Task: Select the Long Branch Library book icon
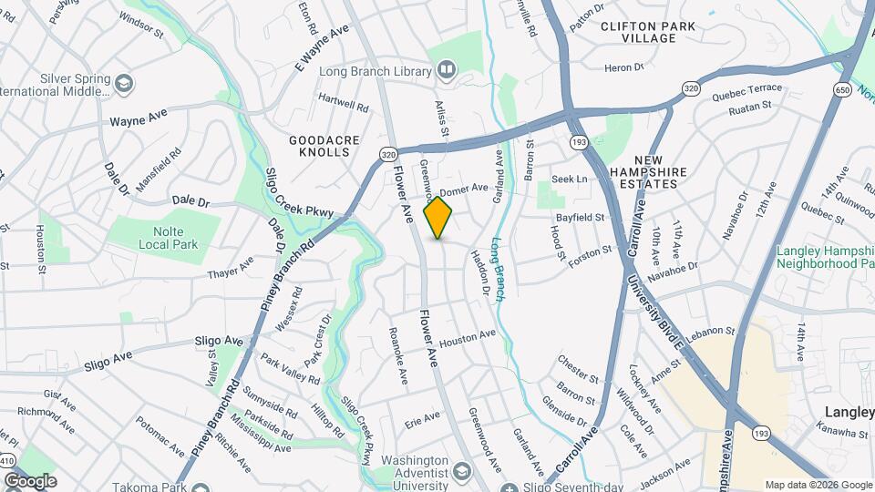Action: coord(447,69)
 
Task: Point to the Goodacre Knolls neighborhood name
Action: coord(319,146)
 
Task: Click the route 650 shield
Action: coord(841,89)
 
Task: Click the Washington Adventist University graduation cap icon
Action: coord(462,473)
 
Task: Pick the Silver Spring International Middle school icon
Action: coord(123,85)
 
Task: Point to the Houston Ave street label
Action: coord(467,339)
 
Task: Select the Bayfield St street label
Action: coord(581,218)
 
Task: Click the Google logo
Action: coord(30,480)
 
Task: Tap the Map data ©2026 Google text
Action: coord(818,485)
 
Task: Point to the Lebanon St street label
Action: coord(712,332)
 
